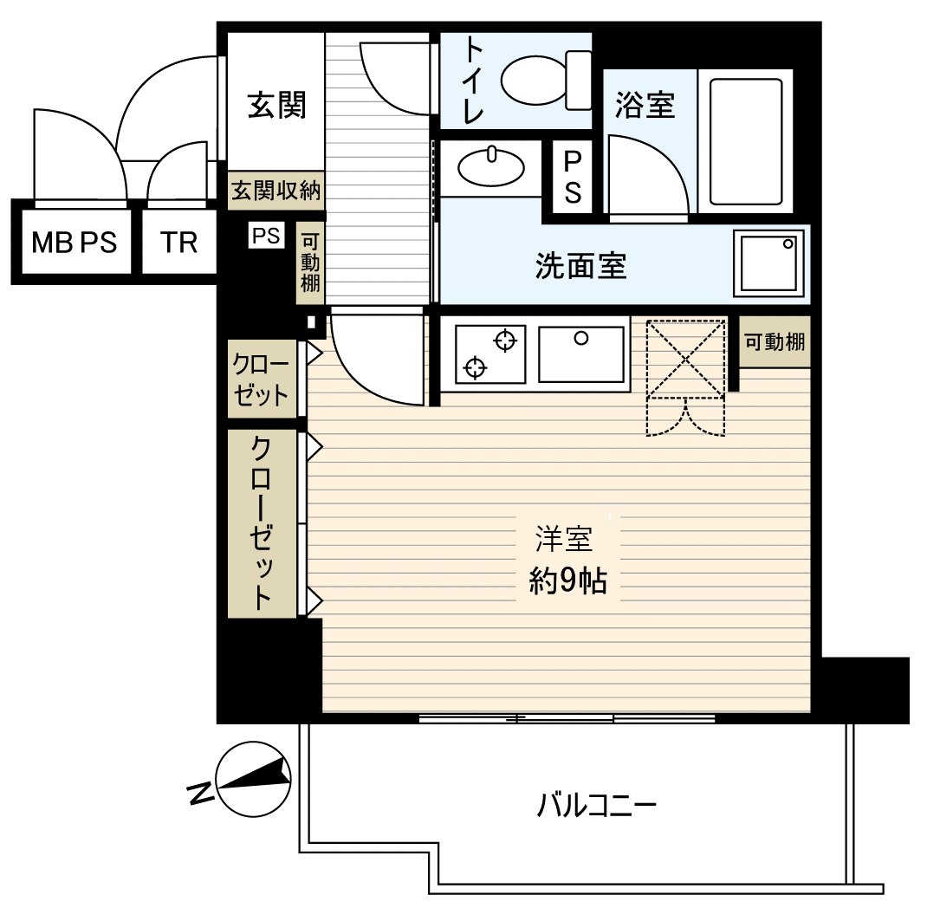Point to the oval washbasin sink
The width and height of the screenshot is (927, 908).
tap(491, 167)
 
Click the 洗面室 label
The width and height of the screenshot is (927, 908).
tap(580, 266)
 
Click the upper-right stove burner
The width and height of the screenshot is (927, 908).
tap(505, 340)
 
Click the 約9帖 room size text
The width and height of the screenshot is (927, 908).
tap(567, 581)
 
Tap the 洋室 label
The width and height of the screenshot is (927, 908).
tap(564, 540)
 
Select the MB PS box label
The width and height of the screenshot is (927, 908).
tap(75, 242)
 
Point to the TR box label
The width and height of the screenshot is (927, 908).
tap(178, 242)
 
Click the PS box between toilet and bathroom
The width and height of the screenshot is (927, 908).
tap(573, 177)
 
